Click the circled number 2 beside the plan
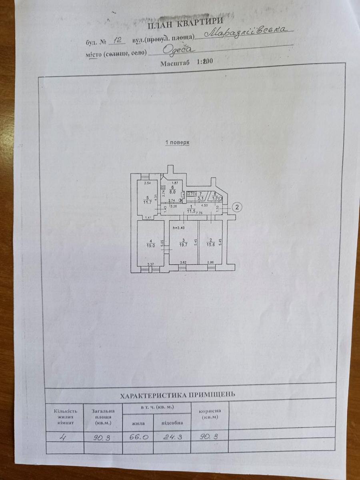tap(238, 207)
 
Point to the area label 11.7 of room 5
tap(148, 201)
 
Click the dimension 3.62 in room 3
tap(184, 262)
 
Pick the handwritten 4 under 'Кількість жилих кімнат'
tap(63, 437)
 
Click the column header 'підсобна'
tap(172, 422)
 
